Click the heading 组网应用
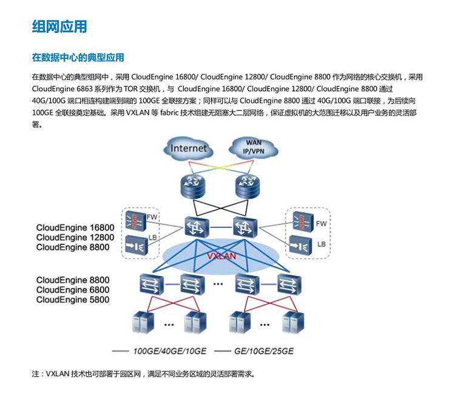pos(59,27)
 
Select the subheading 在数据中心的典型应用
pos(78,58)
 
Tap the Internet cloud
pos(189,148)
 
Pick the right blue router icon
pos(247,183)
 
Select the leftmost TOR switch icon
pos(148,283)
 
